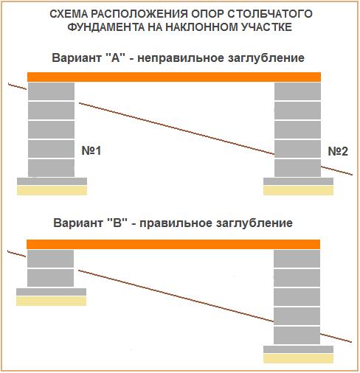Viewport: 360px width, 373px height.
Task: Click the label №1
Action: [x=91, y=150]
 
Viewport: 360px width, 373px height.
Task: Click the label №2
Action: [x=338, y=151]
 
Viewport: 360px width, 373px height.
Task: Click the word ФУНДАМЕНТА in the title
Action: [x=106, y=27]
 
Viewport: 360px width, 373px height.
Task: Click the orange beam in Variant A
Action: [x=174, y=77]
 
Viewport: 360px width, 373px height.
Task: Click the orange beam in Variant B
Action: [x=173, y=244]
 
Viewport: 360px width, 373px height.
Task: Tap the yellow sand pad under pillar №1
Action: [x=52, y=190]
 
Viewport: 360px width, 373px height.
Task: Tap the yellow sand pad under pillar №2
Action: [x=298, y=190]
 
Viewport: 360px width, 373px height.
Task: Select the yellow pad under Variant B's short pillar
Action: [x=51, y=301]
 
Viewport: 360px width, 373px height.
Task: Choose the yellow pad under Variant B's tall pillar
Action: [x=298, y=358]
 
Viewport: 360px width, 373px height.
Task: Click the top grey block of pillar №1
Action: [x=51, y=91]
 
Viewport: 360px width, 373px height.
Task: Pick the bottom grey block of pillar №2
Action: [x=297, y=168]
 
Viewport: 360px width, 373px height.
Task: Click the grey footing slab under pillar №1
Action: [x=52, y=181]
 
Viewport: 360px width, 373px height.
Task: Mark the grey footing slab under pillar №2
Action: [x=298, y=181]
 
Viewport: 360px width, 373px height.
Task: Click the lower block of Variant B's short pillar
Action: [x=50, y=278]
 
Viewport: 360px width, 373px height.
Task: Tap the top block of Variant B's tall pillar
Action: [x=297, y=259]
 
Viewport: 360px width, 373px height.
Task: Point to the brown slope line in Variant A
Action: [x=181, y=129]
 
